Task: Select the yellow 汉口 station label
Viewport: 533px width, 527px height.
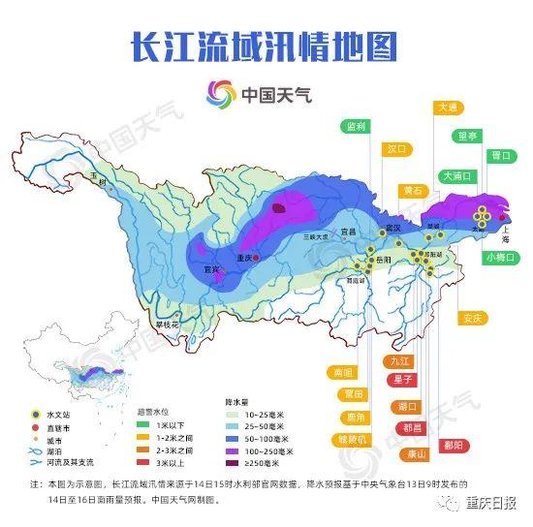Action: click(396, 150)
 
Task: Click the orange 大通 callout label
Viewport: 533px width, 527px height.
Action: click(447, 108)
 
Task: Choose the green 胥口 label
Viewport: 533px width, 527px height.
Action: click(500, 155)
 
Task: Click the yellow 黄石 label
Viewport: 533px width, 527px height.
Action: click(414, 191)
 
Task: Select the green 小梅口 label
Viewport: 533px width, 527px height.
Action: click(497, 257)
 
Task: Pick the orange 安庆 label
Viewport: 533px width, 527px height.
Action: click(472, 317)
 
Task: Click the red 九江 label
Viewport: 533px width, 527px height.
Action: click(401, 360)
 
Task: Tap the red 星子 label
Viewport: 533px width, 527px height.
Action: click(403, 379)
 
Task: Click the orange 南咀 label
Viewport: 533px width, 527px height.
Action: click(343, 371)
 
